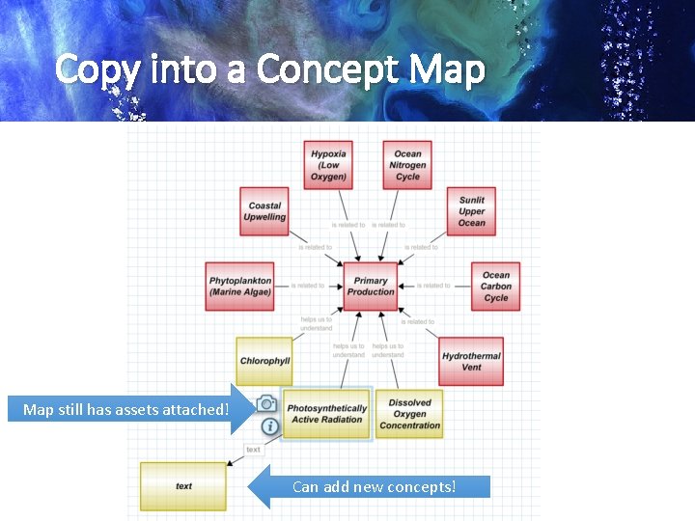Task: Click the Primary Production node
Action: pos(371,287)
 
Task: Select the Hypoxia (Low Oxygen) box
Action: pos(329,165)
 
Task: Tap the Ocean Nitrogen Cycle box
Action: pos(407,165)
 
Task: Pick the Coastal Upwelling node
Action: pos(264,211)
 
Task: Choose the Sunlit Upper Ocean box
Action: pos(471,211)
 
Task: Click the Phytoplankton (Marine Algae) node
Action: pos(240,287)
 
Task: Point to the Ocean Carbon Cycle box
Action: pos(495,287)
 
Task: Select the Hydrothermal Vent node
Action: pos(471,361)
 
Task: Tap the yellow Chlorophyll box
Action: pos(264,361)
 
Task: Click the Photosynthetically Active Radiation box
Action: pos(327,414)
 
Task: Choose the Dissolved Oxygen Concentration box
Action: pos(409,414)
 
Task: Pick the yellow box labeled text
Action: pos(183,486)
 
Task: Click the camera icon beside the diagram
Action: pos(267,403)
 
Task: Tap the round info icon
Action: pos(270,425)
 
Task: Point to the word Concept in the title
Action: pos(329,69)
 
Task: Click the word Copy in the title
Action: pos(93,69)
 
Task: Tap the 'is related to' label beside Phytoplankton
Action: pos(308,286)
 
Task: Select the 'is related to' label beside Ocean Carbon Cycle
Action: pos(433,286)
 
